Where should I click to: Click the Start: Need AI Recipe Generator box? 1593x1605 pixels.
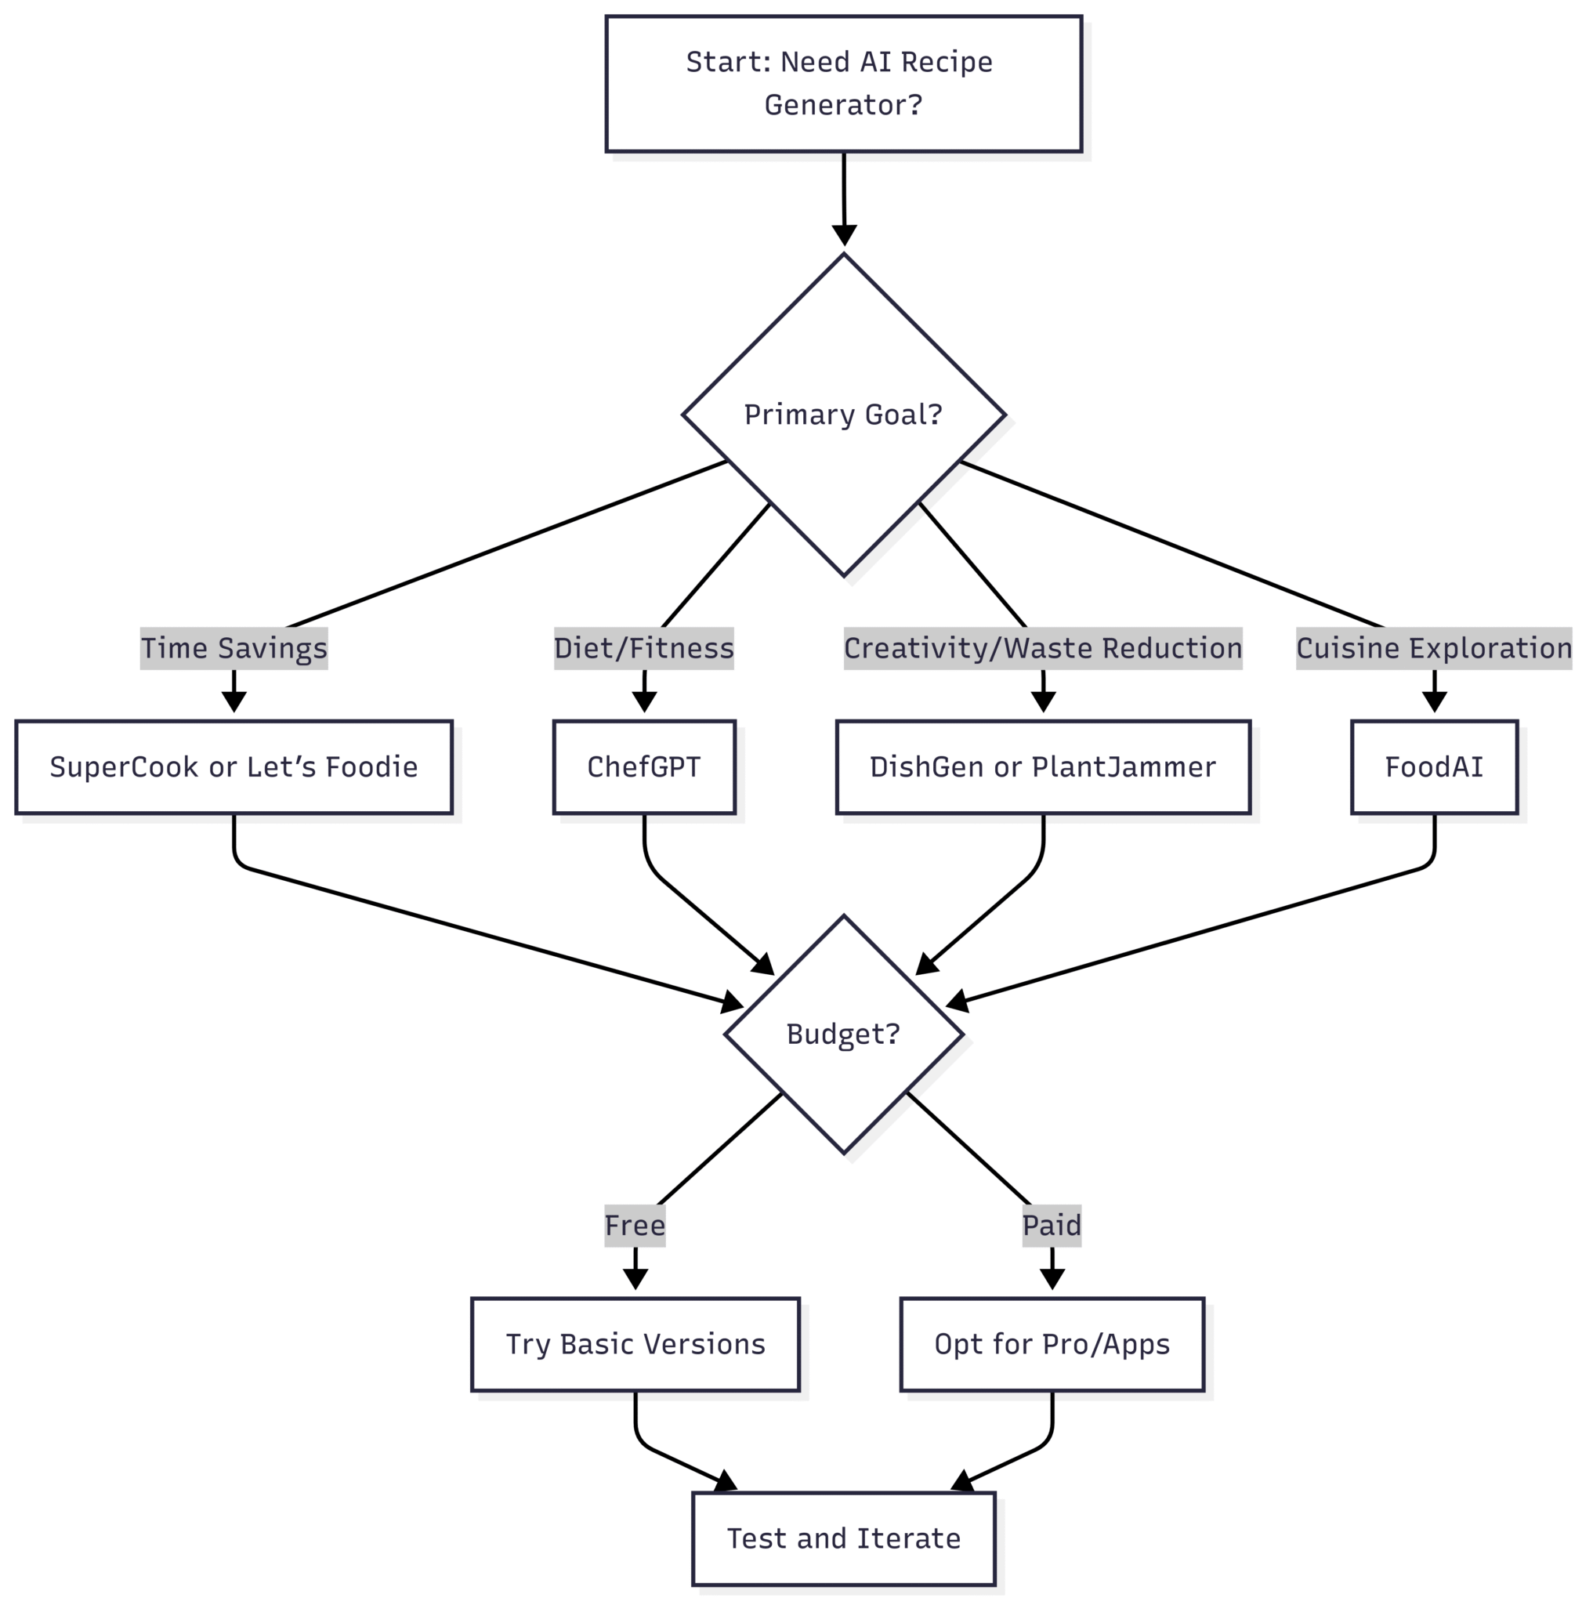[x=843, y=84]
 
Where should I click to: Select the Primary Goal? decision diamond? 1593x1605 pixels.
[x=843, y=415]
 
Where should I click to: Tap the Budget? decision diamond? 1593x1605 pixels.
[x=843, y=1034]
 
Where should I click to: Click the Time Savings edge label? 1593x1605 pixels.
[x=234, y=648]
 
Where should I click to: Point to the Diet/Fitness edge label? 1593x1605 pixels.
[x=643, y=648]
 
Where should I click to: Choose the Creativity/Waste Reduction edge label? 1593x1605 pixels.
[x=1043, y=648]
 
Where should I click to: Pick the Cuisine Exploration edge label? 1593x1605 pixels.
[x=1435, y=648]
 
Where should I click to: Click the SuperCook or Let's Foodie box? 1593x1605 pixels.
[x=234, y=766]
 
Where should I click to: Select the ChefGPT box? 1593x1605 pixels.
[x=643, y=766]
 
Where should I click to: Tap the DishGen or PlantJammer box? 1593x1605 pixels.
[x=1043, y=766]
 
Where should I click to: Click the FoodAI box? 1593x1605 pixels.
[x=1435, y=766]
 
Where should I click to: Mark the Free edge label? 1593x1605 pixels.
[x=635, y=1226]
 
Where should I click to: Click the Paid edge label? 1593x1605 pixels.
[x=1052, y=1226]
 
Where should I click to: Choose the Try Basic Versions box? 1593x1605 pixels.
[x=635, y=1344]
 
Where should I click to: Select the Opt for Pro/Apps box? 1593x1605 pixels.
[x=1052, y=1344]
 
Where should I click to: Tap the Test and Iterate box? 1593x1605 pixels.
[x=844, y=1538]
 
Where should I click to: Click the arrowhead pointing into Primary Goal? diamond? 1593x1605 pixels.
[x=844, y=235]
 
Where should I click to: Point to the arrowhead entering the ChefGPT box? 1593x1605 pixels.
[x=643, y=702]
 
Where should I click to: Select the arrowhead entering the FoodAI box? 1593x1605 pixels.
[x=1435, y=702]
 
